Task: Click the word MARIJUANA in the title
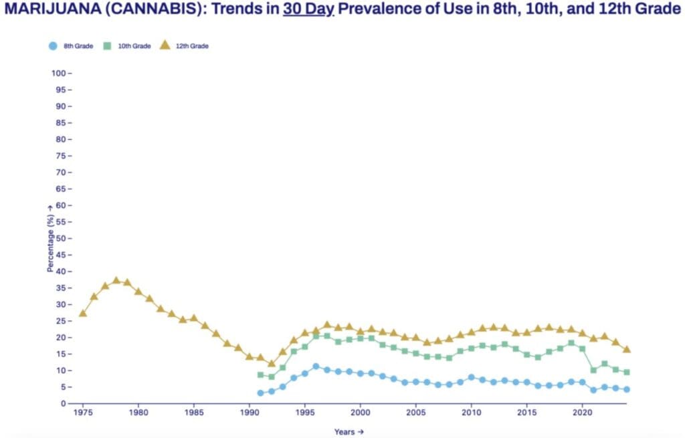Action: click(x=52, y=8)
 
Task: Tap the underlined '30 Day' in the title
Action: click(x=308, y=9)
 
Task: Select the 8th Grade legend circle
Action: click(x=53, y=46)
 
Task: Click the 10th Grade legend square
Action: click(x=107, y=46)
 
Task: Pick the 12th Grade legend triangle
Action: click(x=165, y=45)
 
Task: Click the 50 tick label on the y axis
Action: click(x=61, y=239)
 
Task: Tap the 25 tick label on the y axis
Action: click(x=61, y=321)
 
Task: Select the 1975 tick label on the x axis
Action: click(x=83, y=413)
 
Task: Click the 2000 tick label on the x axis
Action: click(x=361, y=413)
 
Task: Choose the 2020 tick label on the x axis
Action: click(x=583, y=413)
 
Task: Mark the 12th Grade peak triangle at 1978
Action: click(x=116, y=281)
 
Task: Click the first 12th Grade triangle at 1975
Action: click(x=83, y=313)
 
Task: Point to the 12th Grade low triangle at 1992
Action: click(x=272, y=363)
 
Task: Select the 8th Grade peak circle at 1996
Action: click(x=316, y=366)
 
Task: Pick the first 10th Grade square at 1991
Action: click(x=261, y=374)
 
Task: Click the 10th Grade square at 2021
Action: click(x=593, y=370)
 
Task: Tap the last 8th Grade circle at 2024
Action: click(x=627, y=390)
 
